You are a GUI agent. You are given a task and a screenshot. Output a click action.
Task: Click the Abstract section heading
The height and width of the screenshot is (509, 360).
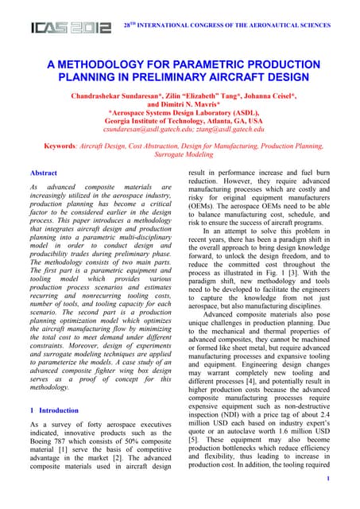pos(42,173)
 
